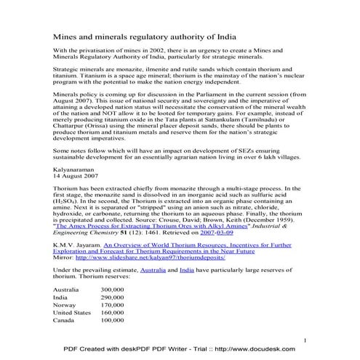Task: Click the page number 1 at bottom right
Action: [305, 340]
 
